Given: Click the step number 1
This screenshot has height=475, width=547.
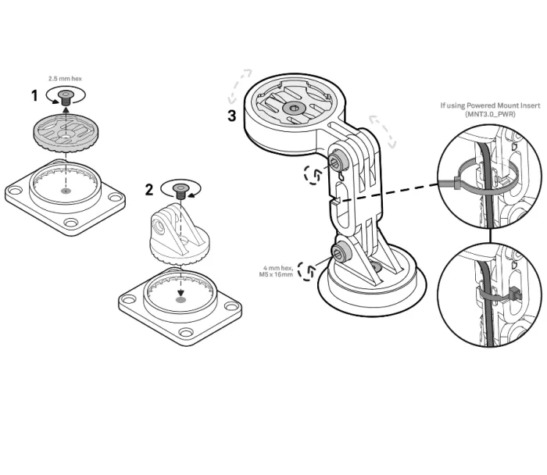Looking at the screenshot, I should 34,96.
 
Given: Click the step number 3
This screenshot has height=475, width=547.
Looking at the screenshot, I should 232,116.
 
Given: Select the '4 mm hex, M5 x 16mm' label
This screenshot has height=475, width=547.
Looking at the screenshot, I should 277,270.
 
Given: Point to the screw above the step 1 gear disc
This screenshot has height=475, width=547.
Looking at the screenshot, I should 65,96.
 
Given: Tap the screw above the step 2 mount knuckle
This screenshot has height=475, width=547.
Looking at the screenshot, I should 181,188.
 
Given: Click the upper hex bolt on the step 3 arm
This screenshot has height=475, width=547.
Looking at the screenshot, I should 338,162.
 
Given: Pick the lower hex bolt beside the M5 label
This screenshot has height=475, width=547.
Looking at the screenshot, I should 341,252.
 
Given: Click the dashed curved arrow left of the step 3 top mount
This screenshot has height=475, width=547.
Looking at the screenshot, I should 238,86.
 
